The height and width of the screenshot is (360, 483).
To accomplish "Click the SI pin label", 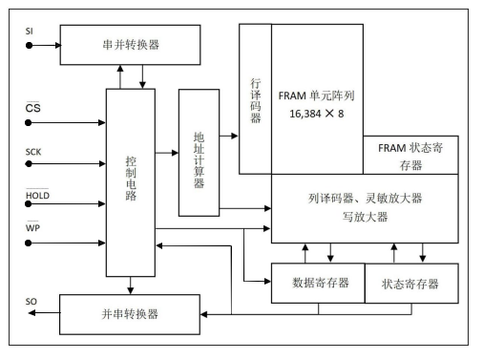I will pos(29,32).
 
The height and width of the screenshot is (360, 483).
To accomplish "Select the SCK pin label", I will pos(32,152).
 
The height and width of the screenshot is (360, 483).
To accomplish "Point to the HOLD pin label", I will pos(35,195).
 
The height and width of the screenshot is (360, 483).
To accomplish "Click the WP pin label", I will pos(31,227).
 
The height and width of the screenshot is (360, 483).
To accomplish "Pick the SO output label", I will pos(31,302).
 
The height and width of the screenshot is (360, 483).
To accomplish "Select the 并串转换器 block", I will pos(130,313).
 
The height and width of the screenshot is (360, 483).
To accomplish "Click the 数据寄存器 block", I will pos(319,283).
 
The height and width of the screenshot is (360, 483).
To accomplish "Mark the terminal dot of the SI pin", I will pos(30,44).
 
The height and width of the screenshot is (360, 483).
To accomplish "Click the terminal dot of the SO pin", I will pos(30,314).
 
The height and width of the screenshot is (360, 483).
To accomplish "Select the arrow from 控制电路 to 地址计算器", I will pos(167,153).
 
